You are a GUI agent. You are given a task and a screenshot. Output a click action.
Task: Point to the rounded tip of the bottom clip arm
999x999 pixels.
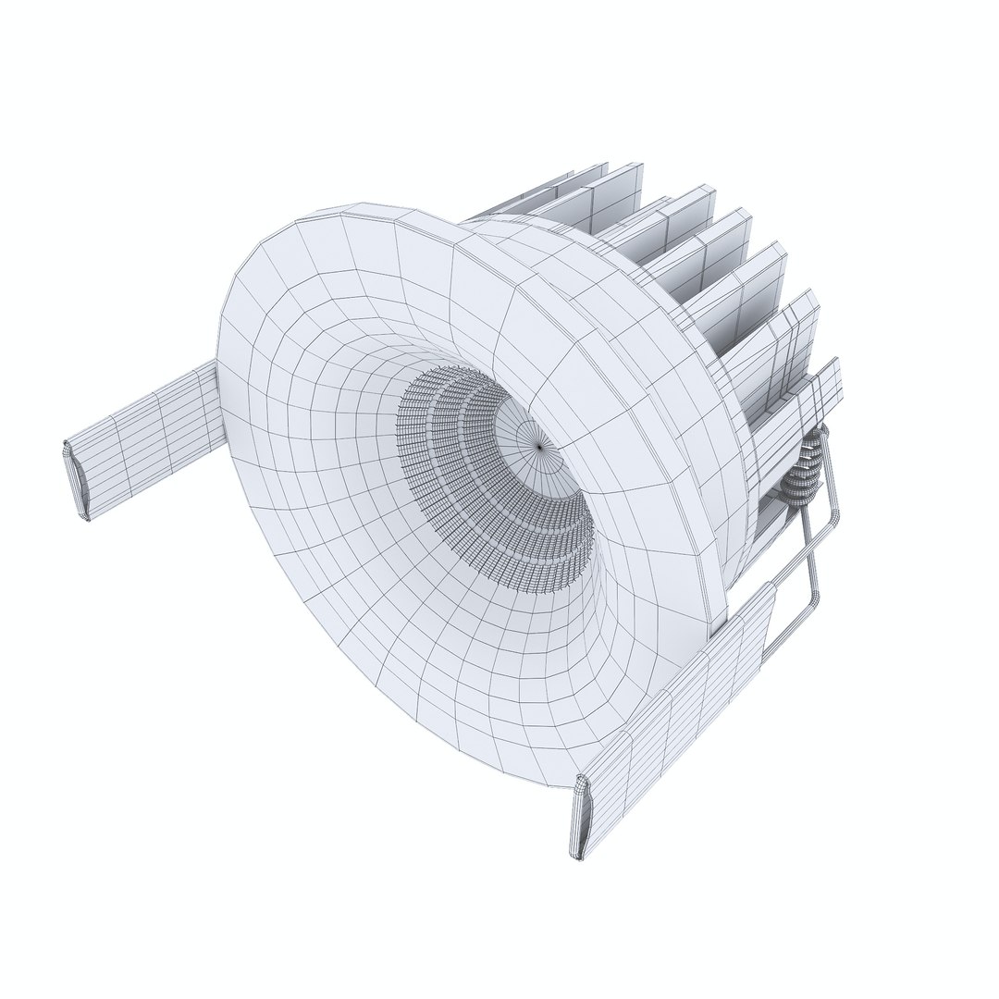(578, 819)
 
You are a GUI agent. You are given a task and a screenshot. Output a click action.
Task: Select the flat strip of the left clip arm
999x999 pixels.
(148, 435)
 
